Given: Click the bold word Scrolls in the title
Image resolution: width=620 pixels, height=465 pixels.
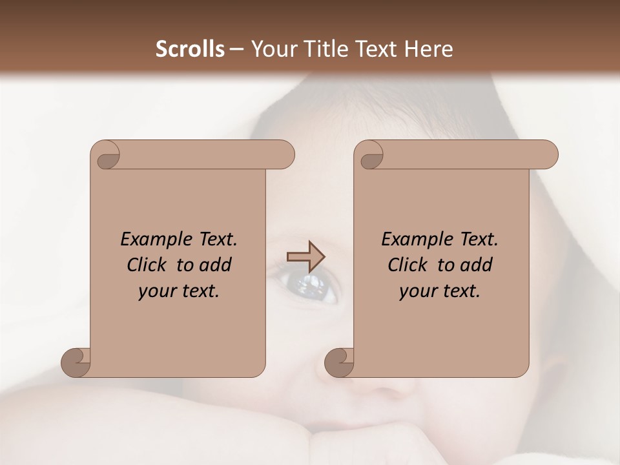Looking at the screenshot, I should (x=191, y=49).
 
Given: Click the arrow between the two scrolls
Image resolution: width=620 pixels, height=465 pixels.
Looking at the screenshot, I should (x=305, y=256).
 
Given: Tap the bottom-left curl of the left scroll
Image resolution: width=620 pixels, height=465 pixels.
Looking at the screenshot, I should (x=76, y=363).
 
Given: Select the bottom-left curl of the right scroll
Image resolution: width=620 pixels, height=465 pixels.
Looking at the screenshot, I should (x=339, y=363).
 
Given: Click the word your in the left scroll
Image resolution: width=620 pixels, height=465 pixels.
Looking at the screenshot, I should (x=156, y=291).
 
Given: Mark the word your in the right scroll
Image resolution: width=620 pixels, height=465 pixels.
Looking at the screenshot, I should (x=417, y=291).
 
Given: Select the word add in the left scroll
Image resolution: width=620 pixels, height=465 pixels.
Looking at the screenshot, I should (x=217, y=265).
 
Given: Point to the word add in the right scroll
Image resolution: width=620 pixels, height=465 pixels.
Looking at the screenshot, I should (x=478, y=265).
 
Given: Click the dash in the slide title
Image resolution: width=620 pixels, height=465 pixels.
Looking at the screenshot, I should (x=236, y=49).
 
